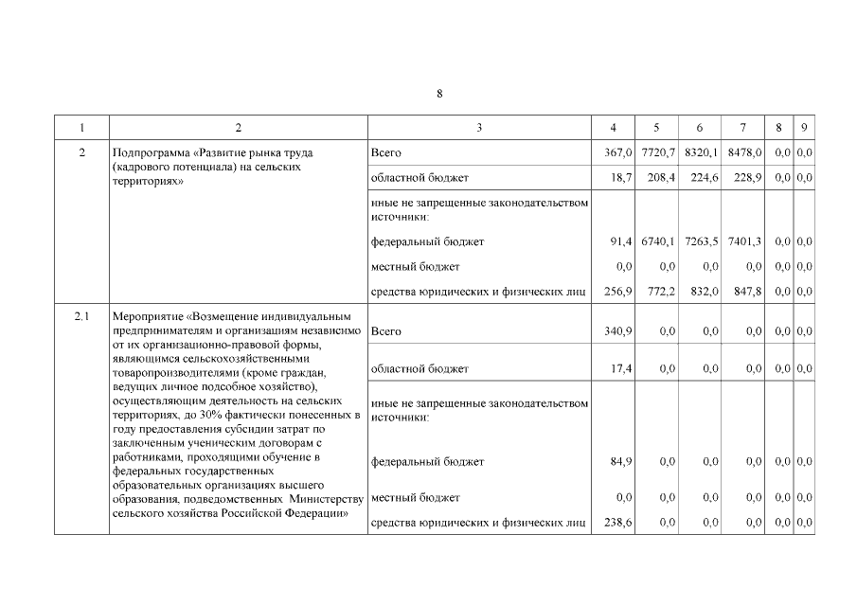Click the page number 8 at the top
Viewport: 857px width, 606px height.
coord(439,93)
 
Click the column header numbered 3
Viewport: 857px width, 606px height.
coord(479,128)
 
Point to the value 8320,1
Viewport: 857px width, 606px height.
coord(703,152)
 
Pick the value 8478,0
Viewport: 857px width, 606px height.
coord(745,152)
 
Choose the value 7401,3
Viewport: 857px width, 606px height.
coord(745,241)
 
